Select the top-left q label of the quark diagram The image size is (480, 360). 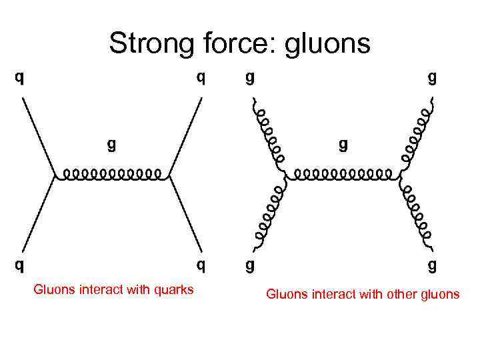click(x=21, y=78)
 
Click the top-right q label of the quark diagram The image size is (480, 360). click(x=201, y=78)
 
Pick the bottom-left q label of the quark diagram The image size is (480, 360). click(x=21, y=266)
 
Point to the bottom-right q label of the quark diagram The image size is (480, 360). click(x=201, y=266)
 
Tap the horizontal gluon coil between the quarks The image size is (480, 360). click(x=111, y=175)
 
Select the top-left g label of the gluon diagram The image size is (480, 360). click(x=249, y=78)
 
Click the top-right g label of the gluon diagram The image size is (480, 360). click(x=433, y=78)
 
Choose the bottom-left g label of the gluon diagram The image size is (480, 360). click(x=249, y=266)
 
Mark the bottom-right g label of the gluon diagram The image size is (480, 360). click(x=433, y=266)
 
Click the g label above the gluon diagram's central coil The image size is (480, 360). click(x=343, y=144)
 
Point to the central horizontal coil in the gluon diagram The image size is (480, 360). click(x=343, y=175)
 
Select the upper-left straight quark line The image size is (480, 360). click(x=38, y=137)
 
